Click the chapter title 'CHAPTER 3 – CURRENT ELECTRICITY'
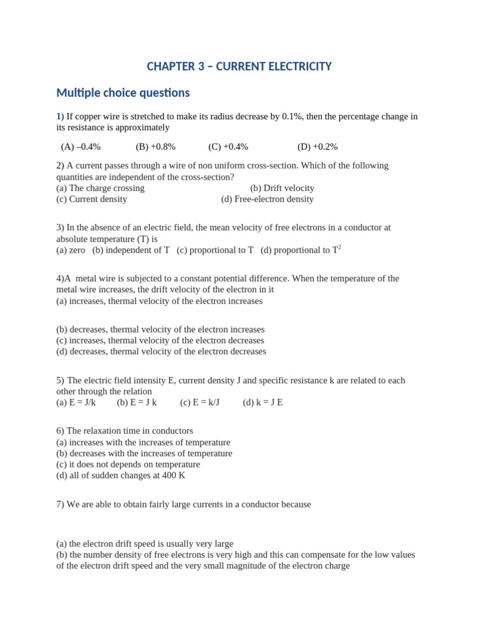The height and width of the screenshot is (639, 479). (x=239, y=66)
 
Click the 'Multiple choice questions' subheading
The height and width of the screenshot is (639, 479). (x=123, y=93)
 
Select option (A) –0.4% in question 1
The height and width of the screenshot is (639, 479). (x=80, y=147)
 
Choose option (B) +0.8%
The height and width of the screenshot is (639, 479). (x=155, y=147)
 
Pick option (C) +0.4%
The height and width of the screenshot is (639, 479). (x=228, y=147)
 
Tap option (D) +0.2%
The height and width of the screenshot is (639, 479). (x=317, y=147)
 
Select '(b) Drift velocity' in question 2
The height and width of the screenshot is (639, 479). (x=282, y=188)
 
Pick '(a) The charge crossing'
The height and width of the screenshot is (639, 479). (x=100, y=188)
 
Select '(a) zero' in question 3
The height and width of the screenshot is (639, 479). (x=70, y=250)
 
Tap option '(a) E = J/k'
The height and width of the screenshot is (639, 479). (x=76, y=402)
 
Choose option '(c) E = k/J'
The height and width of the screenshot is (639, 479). (x=200, y=402)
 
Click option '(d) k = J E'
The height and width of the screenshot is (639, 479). (x=263, y=402)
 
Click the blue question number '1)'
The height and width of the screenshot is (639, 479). (x=60, y=116)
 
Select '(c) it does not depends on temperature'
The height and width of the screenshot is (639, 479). (x=128, y=464)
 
